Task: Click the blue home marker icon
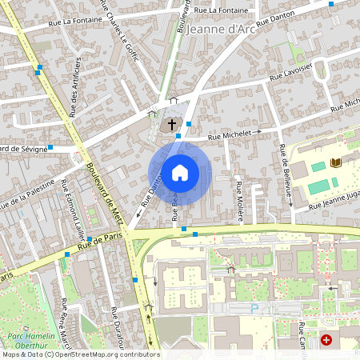click(180, 172)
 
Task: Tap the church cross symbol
click(170, 126)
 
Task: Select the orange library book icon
click(336, 163)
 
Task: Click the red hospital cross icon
click(326, 340)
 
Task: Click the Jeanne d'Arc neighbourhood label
click(221, 30)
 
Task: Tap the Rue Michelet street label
click(230, 137)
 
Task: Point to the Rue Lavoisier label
click(290, 74)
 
